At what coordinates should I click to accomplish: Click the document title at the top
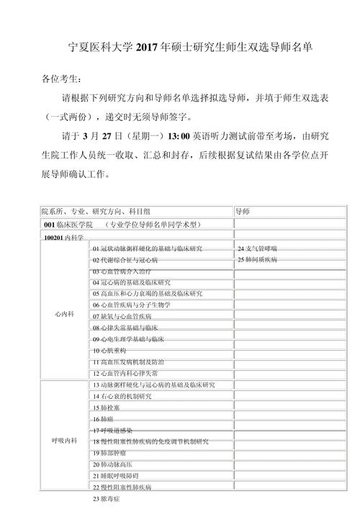tap(179, 48)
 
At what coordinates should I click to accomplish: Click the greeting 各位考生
tap(62, 79)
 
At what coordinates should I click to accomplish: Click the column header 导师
tap(243, 211)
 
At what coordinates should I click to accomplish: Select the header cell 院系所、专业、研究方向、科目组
tap(96, 211)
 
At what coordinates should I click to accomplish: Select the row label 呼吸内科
tap(64, 441)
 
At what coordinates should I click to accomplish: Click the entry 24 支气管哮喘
tap(260, 248)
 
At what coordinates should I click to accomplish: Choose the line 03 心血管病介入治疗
tap(122, 271)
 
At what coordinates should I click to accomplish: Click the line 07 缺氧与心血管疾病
tap(122, 316)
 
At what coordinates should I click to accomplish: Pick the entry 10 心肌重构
tap(110, 350)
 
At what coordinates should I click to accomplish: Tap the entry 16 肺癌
tap(105, 418)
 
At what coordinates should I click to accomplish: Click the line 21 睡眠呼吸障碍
tap(115, 476)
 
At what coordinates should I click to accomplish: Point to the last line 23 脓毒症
tap(107, 499)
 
